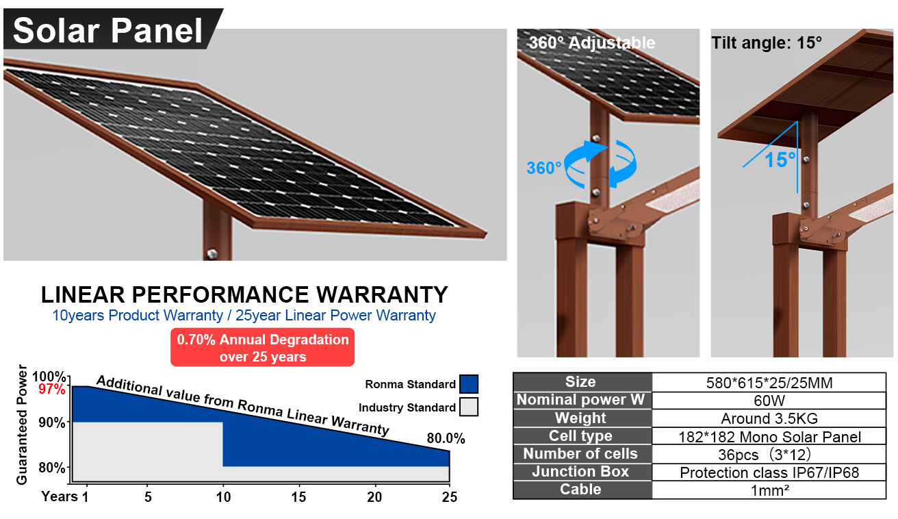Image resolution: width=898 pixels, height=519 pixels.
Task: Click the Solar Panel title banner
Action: coord(110,29)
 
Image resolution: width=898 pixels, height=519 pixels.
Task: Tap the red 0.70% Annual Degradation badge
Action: coord(263,348)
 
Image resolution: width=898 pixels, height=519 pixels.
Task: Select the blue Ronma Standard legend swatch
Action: coord(469,384)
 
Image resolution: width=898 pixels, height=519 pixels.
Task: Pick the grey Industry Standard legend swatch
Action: coord(469,407)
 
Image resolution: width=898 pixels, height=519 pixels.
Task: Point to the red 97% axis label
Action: coord(52,390)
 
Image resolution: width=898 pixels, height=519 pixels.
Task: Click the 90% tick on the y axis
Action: coord(52,422)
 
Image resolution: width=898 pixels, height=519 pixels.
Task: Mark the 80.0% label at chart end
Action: coord(446,439)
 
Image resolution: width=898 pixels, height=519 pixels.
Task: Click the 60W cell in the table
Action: coord(769,401)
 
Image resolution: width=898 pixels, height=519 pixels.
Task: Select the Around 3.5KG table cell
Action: coord(769,418)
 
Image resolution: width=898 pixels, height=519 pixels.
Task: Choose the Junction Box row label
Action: coord(581,472)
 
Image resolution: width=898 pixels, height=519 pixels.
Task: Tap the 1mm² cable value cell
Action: coord(769,490)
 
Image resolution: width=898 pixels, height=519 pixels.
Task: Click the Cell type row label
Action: coord(581,436)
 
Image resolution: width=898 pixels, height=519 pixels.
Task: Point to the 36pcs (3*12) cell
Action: coord(769,455)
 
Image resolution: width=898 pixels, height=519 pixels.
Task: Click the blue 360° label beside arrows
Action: coord(544,168)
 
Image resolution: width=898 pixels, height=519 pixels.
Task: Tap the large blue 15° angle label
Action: coord(780,160)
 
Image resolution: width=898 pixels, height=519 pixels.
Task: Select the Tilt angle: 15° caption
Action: coord(767,42)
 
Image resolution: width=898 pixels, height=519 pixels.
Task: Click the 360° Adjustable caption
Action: coord(591,42)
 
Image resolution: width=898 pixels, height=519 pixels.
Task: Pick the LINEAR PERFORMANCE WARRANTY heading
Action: coord(244,294)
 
